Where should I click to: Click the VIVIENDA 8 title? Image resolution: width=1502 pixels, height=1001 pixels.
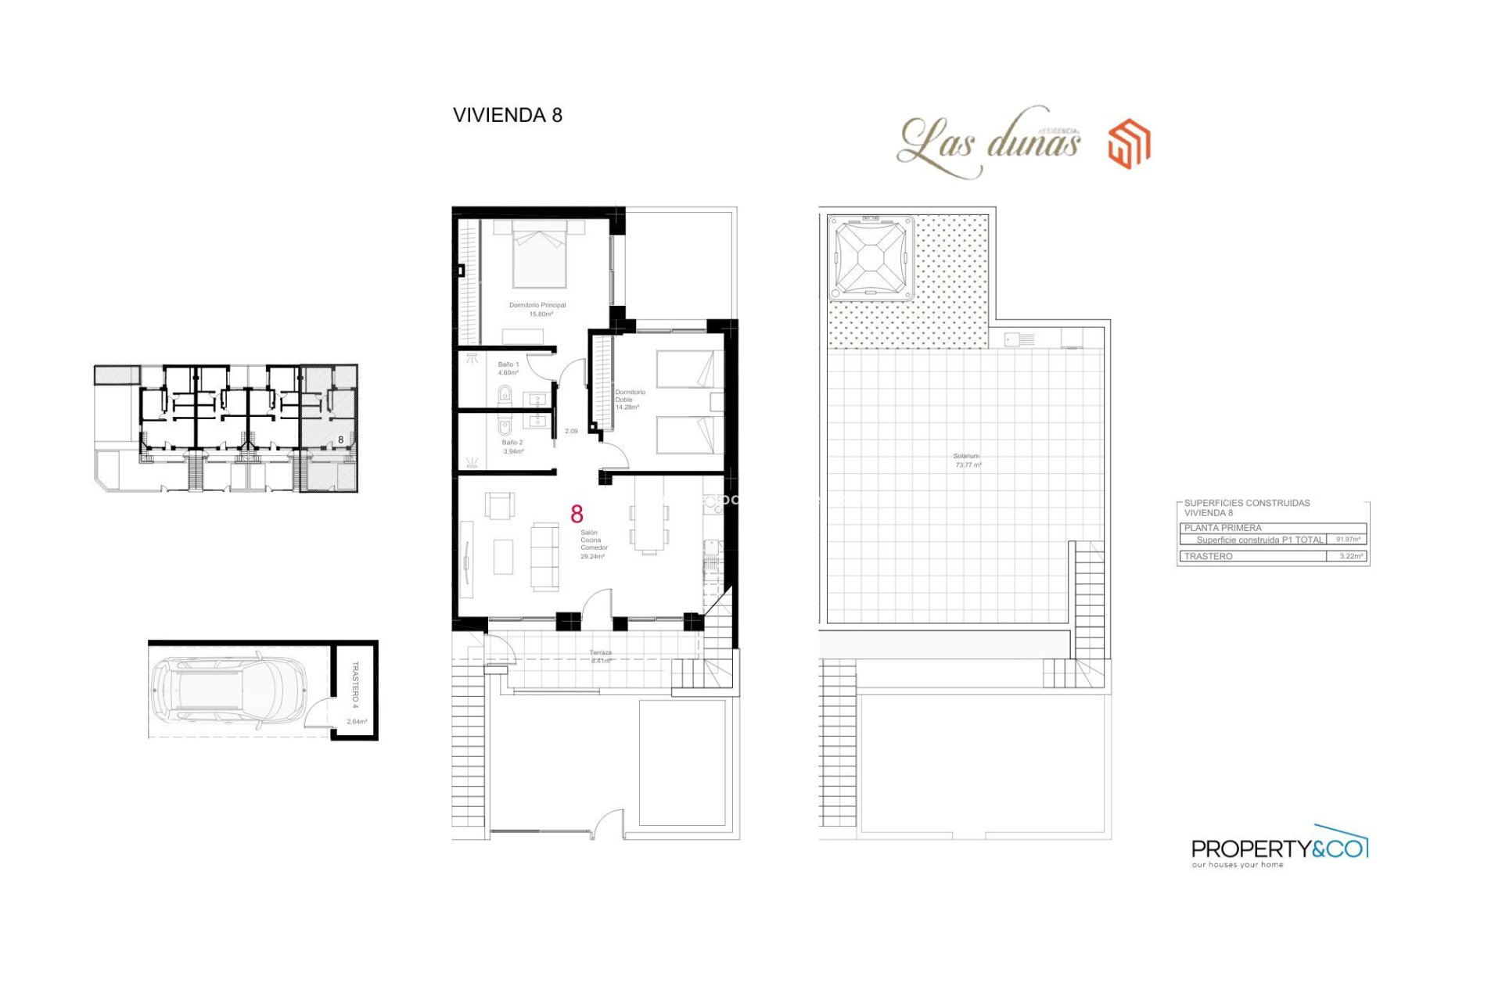pyautogui.click(x=507, y=115)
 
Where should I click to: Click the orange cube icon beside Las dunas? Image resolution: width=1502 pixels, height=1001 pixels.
pyautogui.click(x=1129, y=143)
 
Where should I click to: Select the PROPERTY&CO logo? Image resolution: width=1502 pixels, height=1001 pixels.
pyautogui.click(x=1278, y=848)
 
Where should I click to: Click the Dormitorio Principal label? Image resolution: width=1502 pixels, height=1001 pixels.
pyautogui.click(x=537, y=309)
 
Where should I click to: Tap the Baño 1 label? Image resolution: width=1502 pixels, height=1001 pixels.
pyautogui.click(x=508, y=368)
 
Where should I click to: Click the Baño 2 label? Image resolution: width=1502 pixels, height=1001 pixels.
pyautogui.click(x=512, y=447)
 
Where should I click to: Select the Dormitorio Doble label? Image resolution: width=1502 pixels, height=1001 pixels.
pyautogui.click(x=629, y=399)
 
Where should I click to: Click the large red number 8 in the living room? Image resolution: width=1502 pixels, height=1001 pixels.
pyautogui.click(x=577, y=514)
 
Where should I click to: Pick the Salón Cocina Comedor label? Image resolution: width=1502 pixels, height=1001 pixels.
pyautogui.click(x=593, y=544)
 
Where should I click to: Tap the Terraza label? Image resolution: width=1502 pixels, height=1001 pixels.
pyautogui.click(x=600, y=656)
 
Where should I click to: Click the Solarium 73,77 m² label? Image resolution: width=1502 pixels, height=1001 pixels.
pyautogui.click(x=967, y=460)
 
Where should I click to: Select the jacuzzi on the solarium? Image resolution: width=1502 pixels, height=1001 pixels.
pyautogui.click(x=870, y=257)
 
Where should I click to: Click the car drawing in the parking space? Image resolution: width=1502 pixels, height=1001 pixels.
pyautogui.click(x=230, y=689)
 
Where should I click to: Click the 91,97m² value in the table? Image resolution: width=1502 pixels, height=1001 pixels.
pyautogui.click(x=1347, y=540)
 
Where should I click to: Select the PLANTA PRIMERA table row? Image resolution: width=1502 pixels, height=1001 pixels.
pyautogui.click(x=1271, y=528)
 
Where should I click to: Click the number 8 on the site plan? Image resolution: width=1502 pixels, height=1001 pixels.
pyautogui.click(x=340, y=440)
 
